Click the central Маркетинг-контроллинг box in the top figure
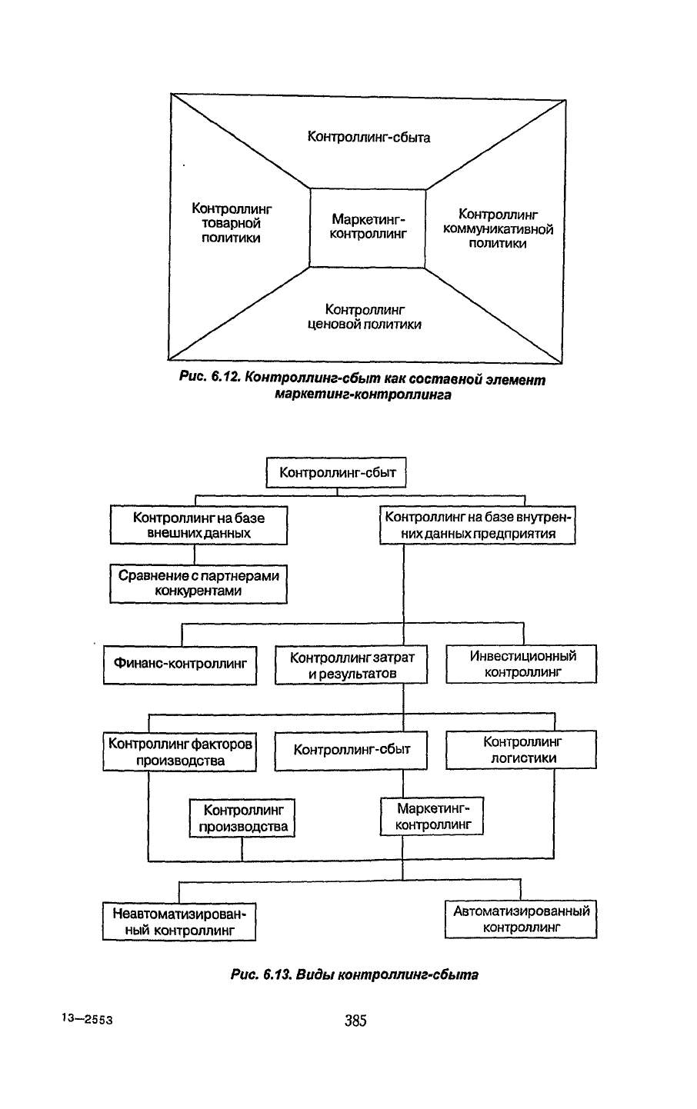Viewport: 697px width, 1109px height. coord(368,228)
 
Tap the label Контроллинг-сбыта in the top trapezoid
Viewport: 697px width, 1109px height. coord(369,137)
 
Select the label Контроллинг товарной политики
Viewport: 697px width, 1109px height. coord(232,223)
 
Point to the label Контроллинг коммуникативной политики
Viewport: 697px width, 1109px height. coord(498,228)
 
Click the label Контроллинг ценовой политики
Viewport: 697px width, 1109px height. coord(365,317)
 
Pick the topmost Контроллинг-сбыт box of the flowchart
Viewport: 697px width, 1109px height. coord(336,472)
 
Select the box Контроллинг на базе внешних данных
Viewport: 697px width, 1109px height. coord(198,525)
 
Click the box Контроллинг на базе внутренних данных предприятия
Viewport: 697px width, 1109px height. coord(478,525)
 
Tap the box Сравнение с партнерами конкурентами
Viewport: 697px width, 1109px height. coord(198,583)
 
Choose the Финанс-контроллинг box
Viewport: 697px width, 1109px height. coord(180,665)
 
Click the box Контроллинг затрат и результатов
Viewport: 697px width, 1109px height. coord(352,664)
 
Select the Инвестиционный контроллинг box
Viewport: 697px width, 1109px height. coord(522,664)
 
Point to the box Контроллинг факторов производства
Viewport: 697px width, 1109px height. coord(180,751)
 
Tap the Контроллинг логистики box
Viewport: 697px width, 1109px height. coord(522,750)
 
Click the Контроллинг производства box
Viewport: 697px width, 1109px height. coord(242,818)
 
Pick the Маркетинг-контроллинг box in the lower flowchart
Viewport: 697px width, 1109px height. coord(432,817)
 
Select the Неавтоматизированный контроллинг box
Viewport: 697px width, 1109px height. coord(179,921)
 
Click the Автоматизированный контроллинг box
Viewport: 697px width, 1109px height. coord(521,919)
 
